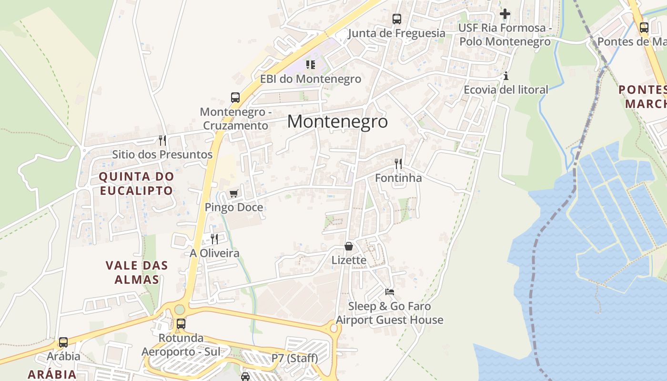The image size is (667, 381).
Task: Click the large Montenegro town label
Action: pyautogui.click(x=337, y=122)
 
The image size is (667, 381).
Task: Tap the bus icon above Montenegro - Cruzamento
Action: pyautogui.click(x=235, y=98)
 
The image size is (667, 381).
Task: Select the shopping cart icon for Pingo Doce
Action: pyautogui.click(x=233, y=193)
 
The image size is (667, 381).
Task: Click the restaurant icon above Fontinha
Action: pyautogui.click(x=398, y=164)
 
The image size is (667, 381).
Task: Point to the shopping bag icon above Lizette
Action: pyautogui.click(x=349, y=246)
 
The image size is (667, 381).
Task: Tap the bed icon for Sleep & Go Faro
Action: pyautogui.click(x=390, y=291)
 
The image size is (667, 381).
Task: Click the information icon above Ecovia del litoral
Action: pyautogui.click(x=506, y=76)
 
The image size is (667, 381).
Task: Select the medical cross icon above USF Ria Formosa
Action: pyautogui.click(x=505, y=14)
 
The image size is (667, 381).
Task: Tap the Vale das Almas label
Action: pyautogui.click(x=137, y=272)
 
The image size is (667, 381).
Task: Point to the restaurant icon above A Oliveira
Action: pyautogui.click(x=214, y=239)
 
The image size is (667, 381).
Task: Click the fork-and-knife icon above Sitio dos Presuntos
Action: pyautogui.click(x=162, y=140)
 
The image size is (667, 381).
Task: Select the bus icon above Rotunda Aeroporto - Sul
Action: pyautogui.click(x=181, y=324)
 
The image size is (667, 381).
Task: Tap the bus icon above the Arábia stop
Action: pyautogui.click(x=63, y=342)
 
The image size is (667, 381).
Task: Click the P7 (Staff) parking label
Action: pyautogui.click(x=294, y=358)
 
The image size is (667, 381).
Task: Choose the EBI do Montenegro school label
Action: pyautogui.click(x=311, y=79)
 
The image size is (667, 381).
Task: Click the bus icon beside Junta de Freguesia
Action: pyautogui.click(x=397, y=19)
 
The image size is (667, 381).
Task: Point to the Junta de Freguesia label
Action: pyautogui.click(x=396, y=33)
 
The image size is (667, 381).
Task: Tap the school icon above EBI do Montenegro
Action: pyautogui.click(x=311, y=64)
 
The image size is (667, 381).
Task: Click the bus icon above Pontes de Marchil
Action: pyautogui.click(x=644, y=27)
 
